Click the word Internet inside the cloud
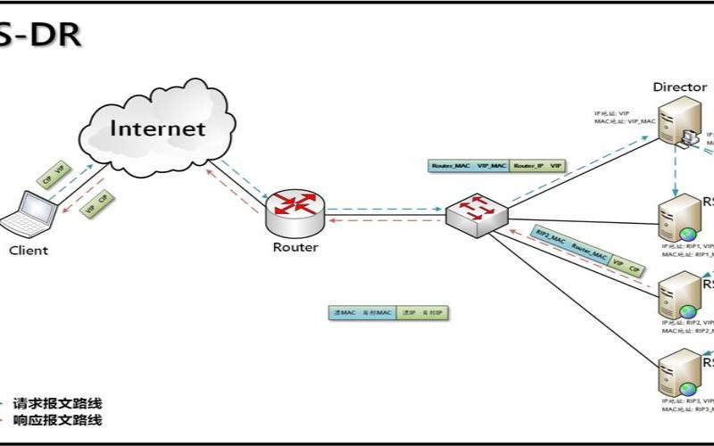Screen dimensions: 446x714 [158, 128]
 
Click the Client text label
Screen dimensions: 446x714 [29, 251]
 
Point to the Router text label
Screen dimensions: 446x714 [295, 247]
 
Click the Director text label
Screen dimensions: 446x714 [680, 87]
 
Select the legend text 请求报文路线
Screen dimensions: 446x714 [57, 403]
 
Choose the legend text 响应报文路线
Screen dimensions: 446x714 [57, 421]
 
